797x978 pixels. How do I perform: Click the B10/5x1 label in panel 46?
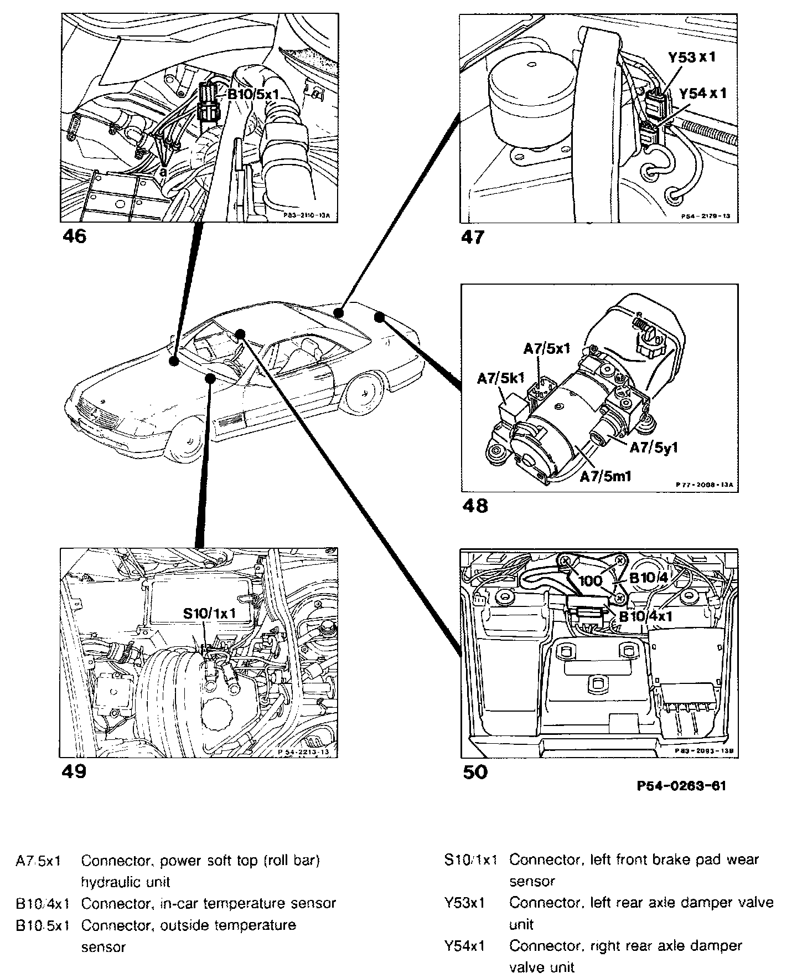pyautogui.click(x=253, y=95)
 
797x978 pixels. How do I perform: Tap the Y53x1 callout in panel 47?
pyautogui.click(x=691, y=57)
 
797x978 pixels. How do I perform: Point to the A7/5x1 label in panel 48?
pyautogui.click(x=546, y=348)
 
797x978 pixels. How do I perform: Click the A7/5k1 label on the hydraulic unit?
pyautogui.click(x=500, y=379)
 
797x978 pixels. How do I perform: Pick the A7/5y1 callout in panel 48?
pyautogui.click(x=654, y=447)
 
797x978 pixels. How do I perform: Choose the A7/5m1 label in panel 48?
pyautogui.click(x=605, y=475)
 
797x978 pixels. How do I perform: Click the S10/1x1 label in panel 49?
pyautogui.click(x=210, y=614)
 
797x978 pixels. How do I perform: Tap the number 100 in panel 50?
pyautogui.click(x=590, y=581)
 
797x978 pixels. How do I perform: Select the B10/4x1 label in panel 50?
pyautogui.click(x=645, y=616)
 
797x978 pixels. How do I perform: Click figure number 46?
pyautogui.click(x=75, y=236)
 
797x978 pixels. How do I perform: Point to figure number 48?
pyautogui.click(x=474, y=506)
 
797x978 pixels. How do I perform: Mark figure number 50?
pyautogui.click(x=475, y=771)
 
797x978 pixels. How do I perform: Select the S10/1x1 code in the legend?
pyautogui.click(x=470, y=860)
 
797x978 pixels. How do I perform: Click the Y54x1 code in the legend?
pyautogui.click(x=464, y=946)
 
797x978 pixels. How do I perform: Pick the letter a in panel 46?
pyautogui.click(x=163, y=172)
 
